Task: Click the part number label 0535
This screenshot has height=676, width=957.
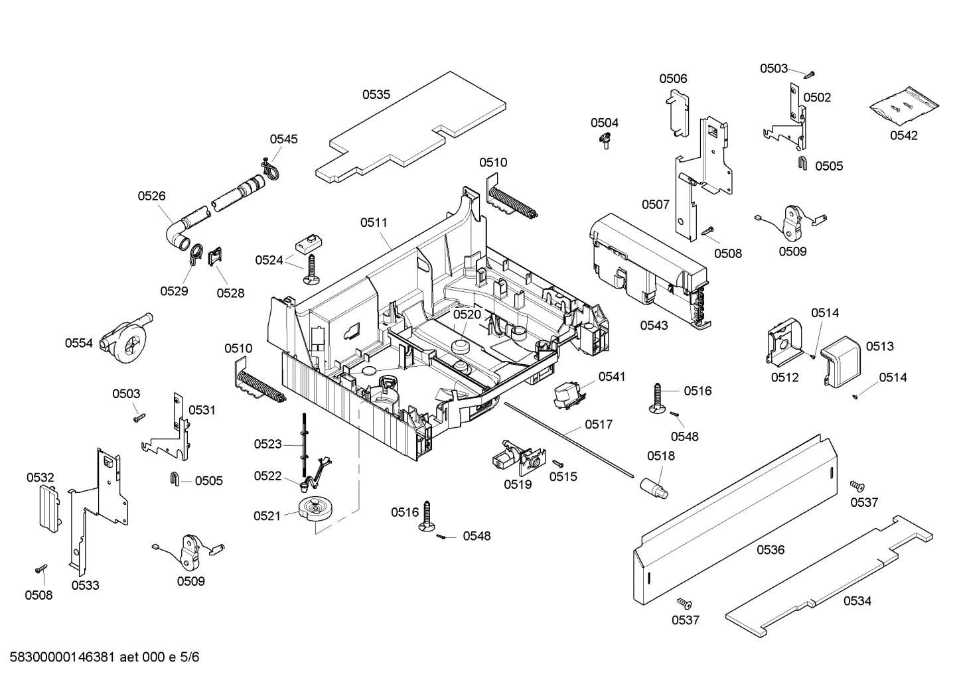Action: click(376, 95)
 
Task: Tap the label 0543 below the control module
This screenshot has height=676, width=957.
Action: click(654, 325)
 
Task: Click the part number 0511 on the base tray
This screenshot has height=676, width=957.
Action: click(374, 223)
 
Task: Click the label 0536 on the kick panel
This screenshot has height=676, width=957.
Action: click(770, 550)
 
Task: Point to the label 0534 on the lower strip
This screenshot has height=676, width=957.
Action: click(857, 601)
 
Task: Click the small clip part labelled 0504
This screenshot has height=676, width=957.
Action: click(605, 140)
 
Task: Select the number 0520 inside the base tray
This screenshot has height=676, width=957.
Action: click(467, 314)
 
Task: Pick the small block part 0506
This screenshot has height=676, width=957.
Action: click(676, 112)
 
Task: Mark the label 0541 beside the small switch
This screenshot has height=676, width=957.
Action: click(611, 377)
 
